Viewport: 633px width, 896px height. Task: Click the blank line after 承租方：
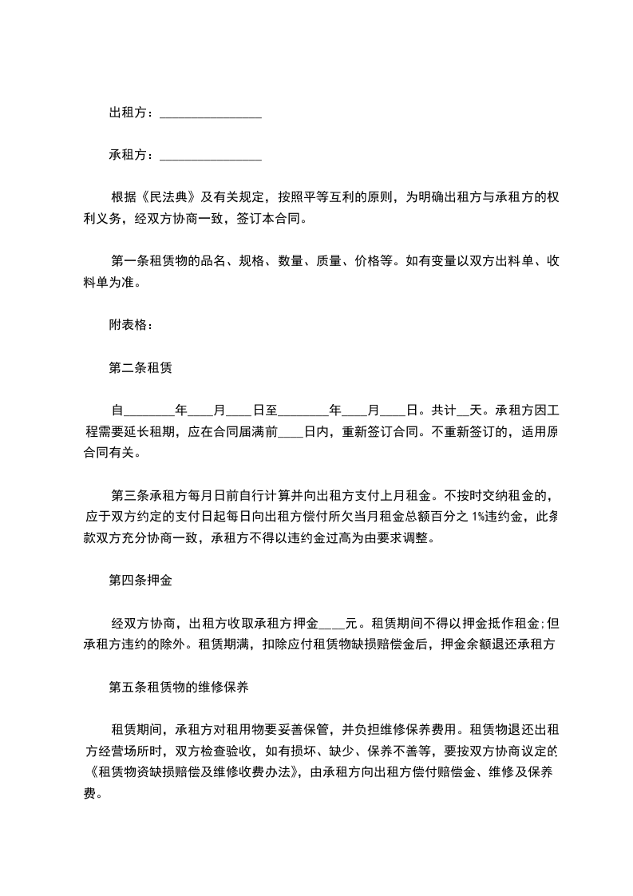click(211, 156)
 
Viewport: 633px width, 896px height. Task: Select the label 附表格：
click(129, 325)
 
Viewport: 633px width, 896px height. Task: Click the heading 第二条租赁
click(141, 368)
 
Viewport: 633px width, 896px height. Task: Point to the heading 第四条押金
click(140, 581)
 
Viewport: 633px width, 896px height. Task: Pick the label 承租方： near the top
click(133, 156)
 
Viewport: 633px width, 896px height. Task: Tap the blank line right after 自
click(149, 411)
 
